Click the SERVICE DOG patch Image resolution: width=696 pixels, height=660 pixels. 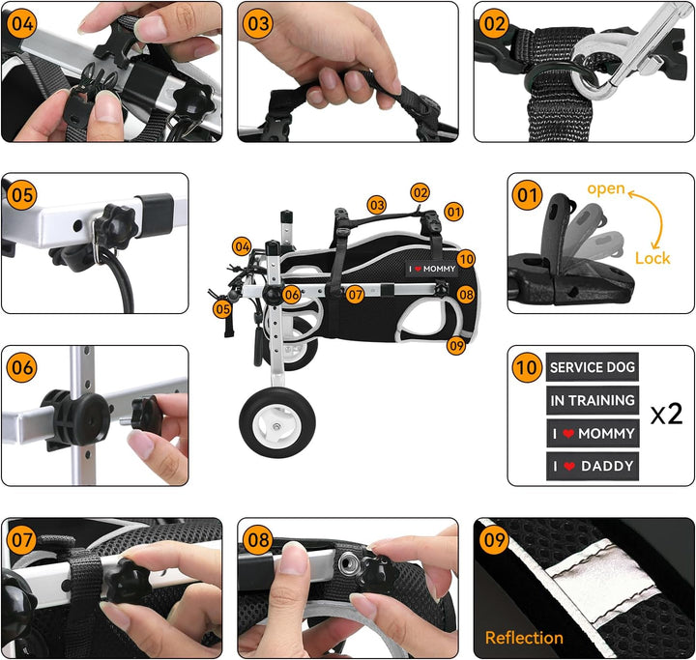point(593,367)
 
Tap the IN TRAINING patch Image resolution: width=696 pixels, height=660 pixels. point(593,400)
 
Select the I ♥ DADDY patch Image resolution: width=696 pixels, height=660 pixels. point(593,466)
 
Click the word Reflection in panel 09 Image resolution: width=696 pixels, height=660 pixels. point(524,638)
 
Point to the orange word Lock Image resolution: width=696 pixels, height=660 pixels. point(652,258)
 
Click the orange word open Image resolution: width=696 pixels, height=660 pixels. point(606,188)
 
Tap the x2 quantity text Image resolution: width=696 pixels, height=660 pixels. point(666,414)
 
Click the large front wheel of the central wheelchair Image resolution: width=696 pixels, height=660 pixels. point(277,422)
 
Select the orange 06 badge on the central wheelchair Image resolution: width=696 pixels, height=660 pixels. point(292,295)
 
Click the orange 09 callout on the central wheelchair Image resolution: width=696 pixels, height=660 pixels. point(456,345)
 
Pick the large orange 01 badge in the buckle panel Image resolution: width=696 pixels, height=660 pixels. point(527,195)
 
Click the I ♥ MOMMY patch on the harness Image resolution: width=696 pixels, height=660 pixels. point(432,269)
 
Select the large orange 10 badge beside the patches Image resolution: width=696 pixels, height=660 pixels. point(527,367)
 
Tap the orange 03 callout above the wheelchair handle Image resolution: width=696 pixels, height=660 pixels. point(376,205)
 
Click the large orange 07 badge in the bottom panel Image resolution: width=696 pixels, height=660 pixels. point(21,539)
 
